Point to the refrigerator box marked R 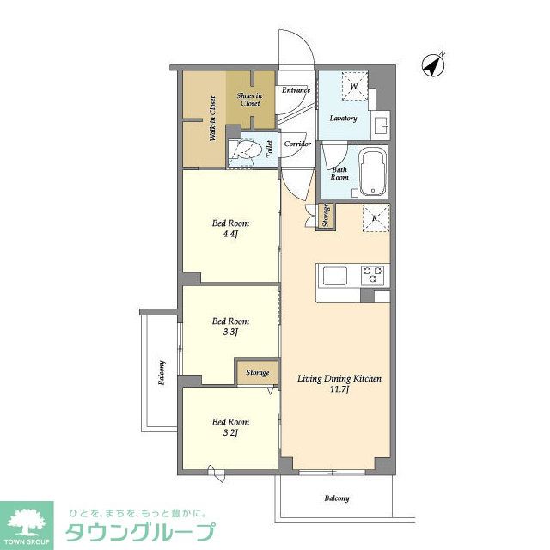click(x=376, y=218)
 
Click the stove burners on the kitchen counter click(x=374, y=275)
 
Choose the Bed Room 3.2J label click(x=231, y=427)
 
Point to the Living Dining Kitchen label click(x=339, y=383)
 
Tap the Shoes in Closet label click(x=250, y=99)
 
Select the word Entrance click(x=296, y=89)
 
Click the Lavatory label click(x=343, y=118)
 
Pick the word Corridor click(x=297, y=144)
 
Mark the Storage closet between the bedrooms click(x=258, y=373)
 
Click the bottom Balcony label click(x=337, y=498)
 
